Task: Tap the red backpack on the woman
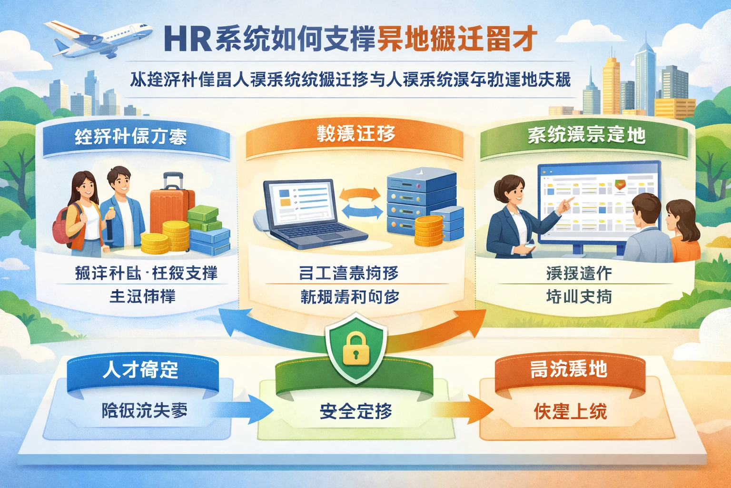pyautogui.click(x=68, y=229)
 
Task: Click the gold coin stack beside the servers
pyautogui.click(x=428, y=231)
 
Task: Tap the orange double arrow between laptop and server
pyautogui.click(x=360, y=193)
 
